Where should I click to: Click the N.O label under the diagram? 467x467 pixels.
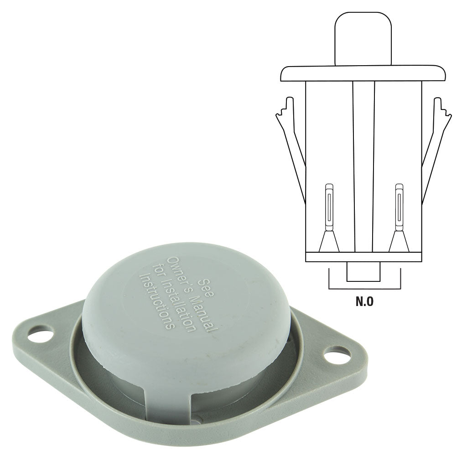[x=364, y=301]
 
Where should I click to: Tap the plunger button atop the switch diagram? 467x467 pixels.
[x=363, y=39]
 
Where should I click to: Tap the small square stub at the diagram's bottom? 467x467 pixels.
[x=363, y=272]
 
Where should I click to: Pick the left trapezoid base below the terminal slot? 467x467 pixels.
[x=329, y=242]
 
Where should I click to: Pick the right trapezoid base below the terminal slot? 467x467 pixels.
[x=399, y=242]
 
